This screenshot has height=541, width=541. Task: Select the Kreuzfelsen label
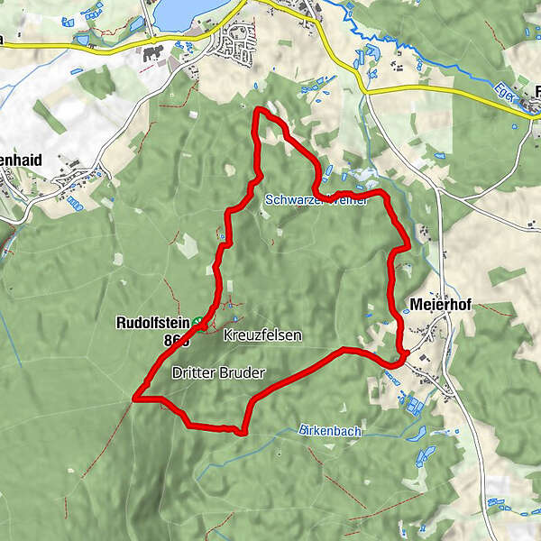tap(262, 335)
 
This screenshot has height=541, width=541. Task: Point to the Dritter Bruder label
tap(212, 371)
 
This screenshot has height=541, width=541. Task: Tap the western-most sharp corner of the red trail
tap(134, 396)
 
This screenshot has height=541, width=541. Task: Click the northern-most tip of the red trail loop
tap(259, 109)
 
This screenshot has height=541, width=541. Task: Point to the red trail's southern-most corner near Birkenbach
tap(243, 432)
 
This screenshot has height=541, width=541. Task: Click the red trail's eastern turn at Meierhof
tap(407, 353)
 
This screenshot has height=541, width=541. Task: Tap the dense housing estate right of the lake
tap(239, 43)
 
